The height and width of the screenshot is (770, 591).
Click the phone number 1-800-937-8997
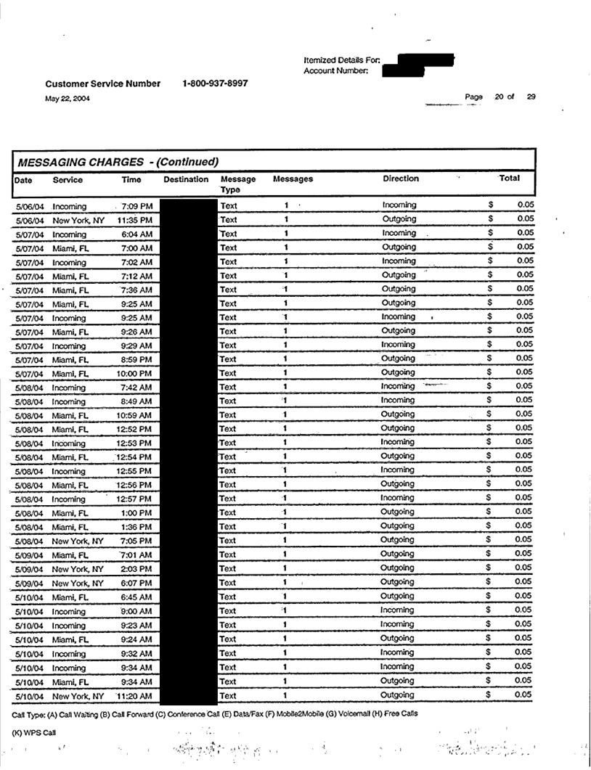pyautogui.click(x=216, y=83)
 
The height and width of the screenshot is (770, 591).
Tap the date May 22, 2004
pyautogui.click(x=68, y=99)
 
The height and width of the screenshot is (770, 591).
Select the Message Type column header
pyautogui.click(x=237, y=184)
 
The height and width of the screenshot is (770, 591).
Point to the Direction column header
pyautogui.click(x=401, y=178)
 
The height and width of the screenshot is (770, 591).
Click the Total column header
pyautogui.click(x=508, y=178)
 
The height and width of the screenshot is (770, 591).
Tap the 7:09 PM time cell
pyautogui.click(x=136, y=206)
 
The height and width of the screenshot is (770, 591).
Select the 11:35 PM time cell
pyautogui.click(x=134, y=220)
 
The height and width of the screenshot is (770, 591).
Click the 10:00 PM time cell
pyautogui.click(x=134, y=373)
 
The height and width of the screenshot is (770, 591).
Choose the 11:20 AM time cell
pyautogui.click(x=134, y=696)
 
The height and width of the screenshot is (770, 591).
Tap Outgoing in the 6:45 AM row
pyautogui.click(x=399, y=596)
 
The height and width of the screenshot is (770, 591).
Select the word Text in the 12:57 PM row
pyautogui.click(x=229, y=499)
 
